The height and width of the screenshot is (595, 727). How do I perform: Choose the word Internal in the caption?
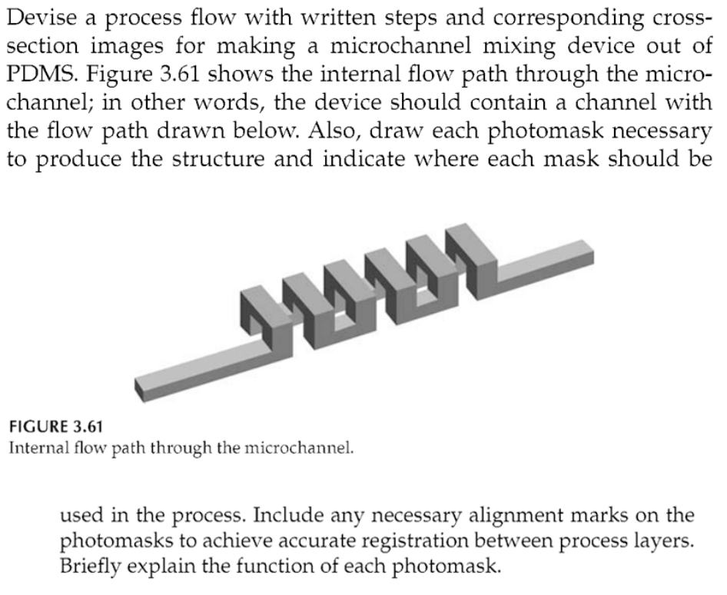click(x=38, y=447)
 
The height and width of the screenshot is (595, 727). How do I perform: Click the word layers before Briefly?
click(x=661, y=541)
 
